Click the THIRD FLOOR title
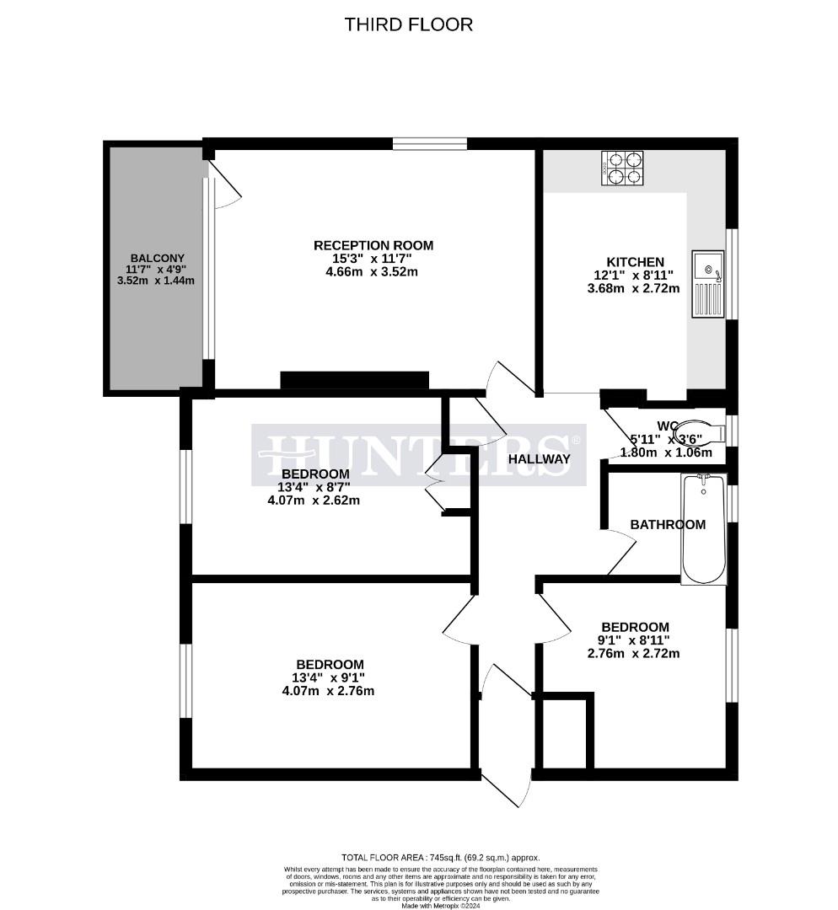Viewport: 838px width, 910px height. click(408, 24)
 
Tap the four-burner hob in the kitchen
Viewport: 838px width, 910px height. click(622, 168)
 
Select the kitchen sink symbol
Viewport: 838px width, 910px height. click(707, 284)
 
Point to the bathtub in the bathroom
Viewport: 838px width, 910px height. click(703, 529)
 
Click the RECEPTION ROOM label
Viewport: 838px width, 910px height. click(373, 245)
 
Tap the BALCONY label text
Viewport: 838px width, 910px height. click(157, 258)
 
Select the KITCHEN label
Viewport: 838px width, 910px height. click(636, 262)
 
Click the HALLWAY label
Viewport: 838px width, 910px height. click(539, 459)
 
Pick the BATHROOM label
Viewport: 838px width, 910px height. click(668, 524)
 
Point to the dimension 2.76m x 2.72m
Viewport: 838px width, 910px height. click(635, 653)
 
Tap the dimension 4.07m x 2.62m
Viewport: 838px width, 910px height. click(314, 500)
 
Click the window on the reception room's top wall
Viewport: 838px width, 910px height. click(429, 143)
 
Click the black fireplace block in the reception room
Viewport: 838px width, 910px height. click(355, 380)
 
